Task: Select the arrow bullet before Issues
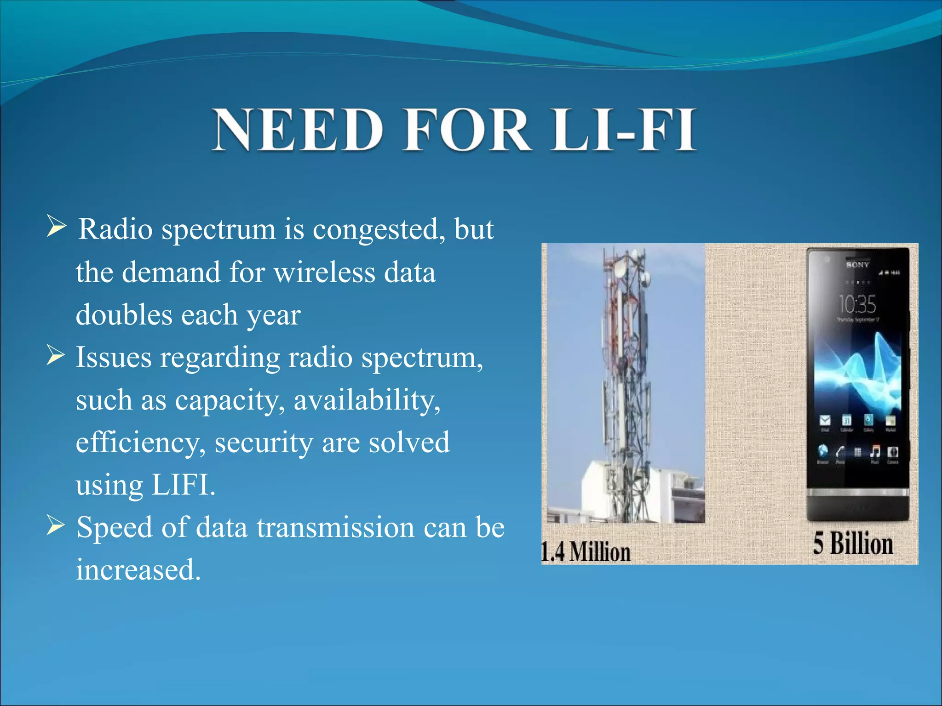55,355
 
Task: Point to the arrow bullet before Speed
55,525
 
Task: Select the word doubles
124,315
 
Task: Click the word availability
367,400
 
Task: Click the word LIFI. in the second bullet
183,485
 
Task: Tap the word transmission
335,527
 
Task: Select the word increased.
138,570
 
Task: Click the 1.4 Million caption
586,552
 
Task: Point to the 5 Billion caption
853,543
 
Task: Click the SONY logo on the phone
857,265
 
